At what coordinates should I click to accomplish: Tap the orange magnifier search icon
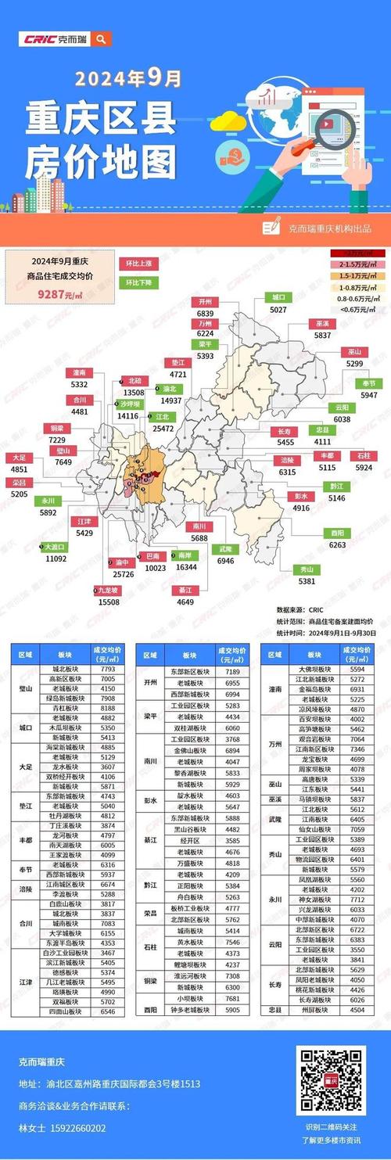click(x=101, y=38)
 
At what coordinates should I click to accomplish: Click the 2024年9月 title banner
click(x=128, y=79)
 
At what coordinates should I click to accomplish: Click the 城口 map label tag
click(x=278, y=297)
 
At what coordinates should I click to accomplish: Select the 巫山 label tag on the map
click(x=354, y=351)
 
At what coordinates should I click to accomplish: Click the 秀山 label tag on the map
click(x=306, y=569)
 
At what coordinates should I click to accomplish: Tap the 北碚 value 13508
click(x=135, y=392)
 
